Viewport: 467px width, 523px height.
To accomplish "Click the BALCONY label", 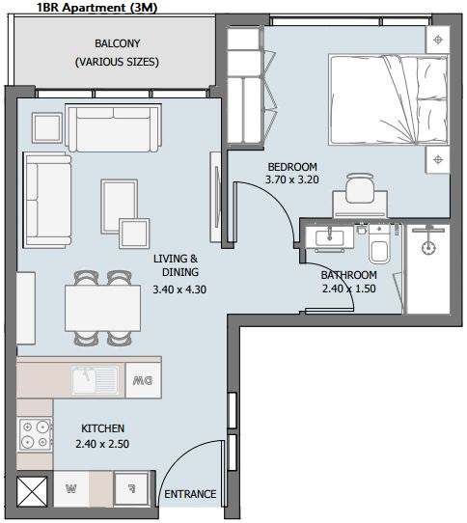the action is (117, 43).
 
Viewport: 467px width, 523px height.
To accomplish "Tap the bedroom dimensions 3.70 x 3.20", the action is (291, 179).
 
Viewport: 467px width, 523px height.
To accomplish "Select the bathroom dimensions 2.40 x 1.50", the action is (349, 289).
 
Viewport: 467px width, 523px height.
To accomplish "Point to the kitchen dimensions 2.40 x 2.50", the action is (102, 444).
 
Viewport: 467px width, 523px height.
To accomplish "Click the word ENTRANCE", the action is (190, 494).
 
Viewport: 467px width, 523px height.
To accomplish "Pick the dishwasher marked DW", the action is (143, 380).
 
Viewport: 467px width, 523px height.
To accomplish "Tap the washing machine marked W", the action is (71, 489).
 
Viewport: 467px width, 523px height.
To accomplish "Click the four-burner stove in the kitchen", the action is (35, 434).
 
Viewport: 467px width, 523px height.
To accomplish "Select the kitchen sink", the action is (96, 380).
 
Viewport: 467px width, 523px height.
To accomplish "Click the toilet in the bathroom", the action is (379, 244).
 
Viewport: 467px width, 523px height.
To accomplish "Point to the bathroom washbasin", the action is (330, 237).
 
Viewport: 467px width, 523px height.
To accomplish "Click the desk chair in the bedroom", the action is (360, 188).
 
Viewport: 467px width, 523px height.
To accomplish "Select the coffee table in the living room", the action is (120, 206).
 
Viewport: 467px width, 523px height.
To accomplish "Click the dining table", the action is (102, 308).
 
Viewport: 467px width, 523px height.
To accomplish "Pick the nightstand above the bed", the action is (438, 40).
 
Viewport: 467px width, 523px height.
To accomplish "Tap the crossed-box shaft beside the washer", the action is (32, 491).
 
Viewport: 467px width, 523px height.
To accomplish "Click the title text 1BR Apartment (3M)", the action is (96, 8).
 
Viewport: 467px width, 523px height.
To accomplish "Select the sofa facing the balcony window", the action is (114, 128).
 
